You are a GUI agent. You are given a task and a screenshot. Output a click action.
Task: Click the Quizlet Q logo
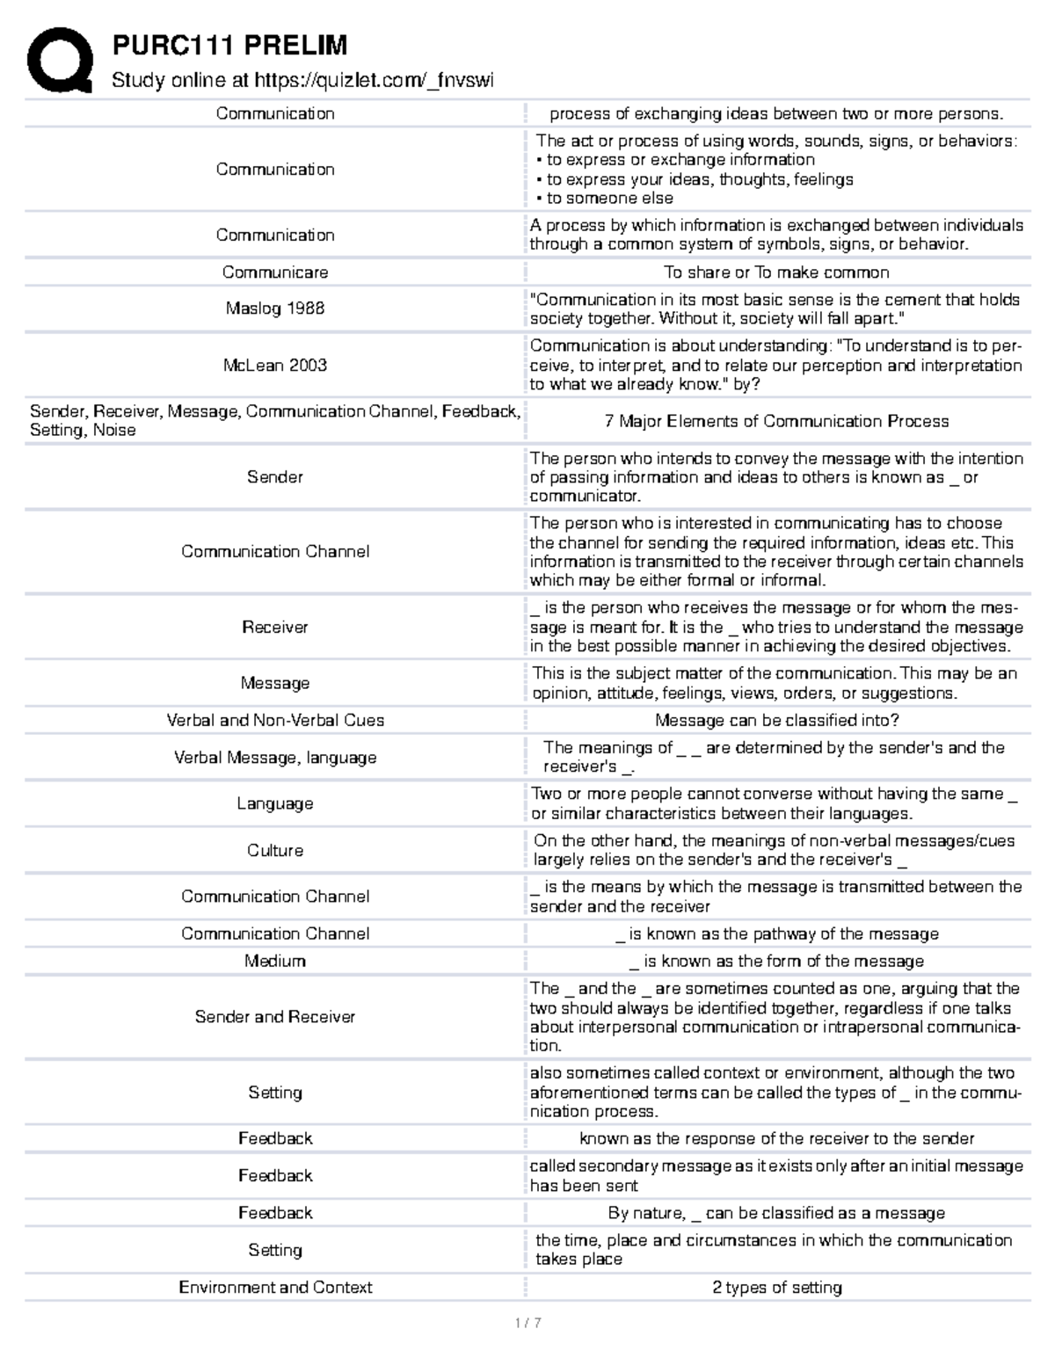60,60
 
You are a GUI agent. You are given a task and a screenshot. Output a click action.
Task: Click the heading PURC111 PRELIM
229,45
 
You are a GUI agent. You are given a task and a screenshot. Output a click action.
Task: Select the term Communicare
275,272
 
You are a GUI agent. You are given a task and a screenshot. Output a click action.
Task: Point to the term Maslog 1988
275,309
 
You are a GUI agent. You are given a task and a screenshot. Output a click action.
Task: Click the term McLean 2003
275,365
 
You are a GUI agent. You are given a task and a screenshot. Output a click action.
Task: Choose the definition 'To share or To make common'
776,272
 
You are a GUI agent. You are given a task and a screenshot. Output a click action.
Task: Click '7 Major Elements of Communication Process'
776,421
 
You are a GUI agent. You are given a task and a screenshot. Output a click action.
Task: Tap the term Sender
275,477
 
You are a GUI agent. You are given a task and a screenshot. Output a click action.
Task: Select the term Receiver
275,627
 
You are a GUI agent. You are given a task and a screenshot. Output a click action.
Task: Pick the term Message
275,683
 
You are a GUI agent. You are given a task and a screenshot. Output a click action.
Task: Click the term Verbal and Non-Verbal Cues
275,720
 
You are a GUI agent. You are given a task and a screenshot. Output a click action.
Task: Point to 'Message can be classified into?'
776,720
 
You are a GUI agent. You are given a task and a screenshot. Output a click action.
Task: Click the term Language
275,803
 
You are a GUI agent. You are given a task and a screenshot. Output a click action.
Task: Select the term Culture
275,850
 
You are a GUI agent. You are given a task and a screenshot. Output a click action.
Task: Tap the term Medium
275,961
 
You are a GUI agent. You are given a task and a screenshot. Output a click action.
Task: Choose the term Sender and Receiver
275,1017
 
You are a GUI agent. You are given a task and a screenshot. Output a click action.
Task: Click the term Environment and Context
275,1287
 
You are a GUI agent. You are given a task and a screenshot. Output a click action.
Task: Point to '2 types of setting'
776,1287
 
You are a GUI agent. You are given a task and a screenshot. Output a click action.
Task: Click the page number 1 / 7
527,1323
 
